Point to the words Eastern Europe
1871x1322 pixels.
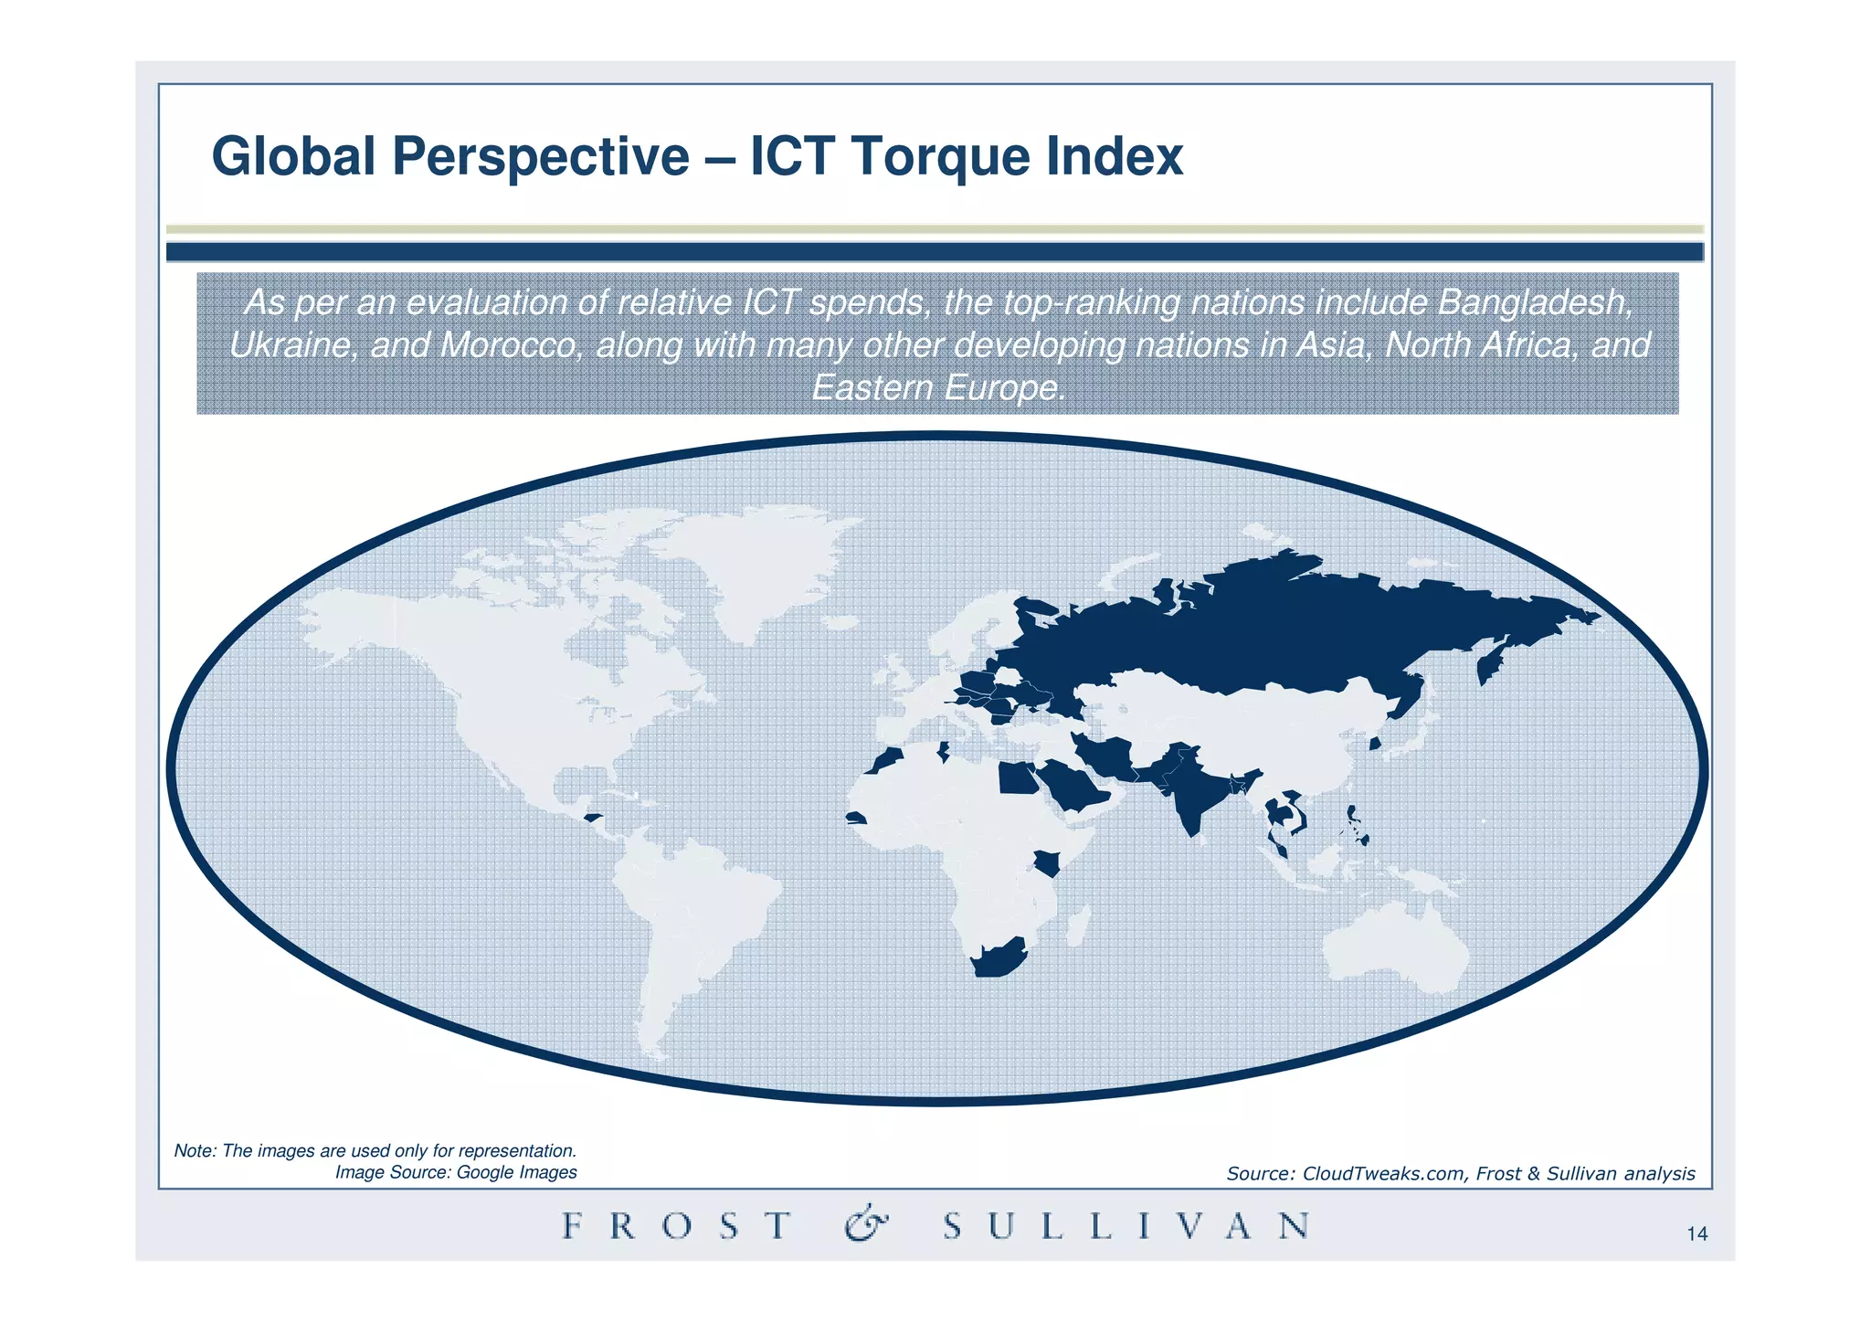(938, 388)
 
